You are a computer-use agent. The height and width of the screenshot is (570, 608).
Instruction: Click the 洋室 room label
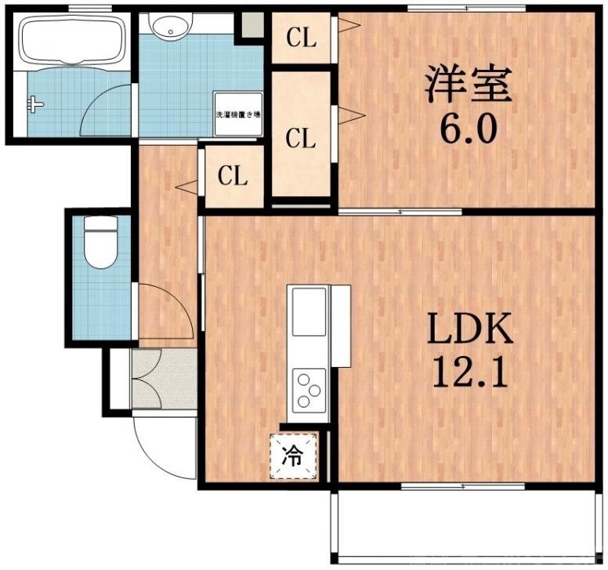tap(469, 85)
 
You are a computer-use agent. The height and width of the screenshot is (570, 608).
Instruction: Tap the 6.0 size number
tap(468, 130)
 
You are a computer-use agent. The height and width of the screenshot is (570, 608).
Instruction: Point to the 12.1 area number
tap(469, 374)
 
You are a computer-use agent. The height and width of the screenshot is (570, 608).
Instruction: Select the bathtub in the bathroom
tap(70, 39)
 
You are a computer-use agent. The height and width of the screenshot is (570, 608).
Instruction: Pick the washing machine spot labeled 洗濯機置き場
tap(237, 114)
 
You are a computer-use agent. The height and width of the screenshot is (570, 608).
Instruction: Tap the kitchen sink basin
tap(308, 311)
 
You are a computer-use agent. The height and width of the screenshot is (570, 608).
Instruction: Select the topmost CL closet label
tap(300, 38)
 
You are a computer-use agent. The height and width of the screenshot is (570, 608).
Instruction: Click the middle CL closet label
tap(300, 140)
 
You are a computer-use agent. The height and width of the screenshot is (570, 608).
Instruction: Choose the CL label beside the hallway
tap(233, 176)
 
